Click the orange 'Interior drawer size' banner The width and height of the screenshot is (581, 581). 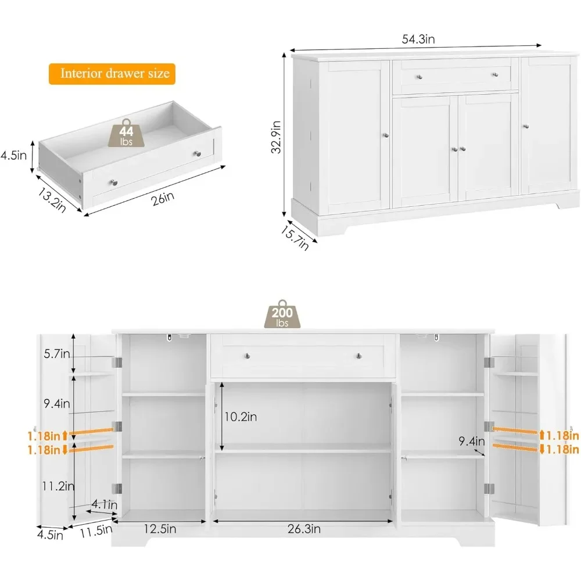tap(112, 73)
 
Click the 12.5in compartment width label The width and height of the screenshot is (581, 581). tap(145, 529)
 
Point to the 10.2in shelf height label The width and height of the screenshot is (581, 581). tap(241, 417)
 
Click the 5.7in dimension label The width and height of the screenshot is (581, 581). tap(56, 354)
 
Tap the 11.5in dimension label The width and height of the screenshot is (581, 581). tap(95, 529)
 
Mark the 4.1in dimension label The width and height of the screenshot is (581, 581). tap(105, 505)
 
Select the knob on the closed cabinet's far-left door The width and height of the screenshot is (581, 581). tap(385, 135)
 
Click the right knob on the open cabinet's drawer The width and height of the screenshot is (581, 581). tap(358, 356)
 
